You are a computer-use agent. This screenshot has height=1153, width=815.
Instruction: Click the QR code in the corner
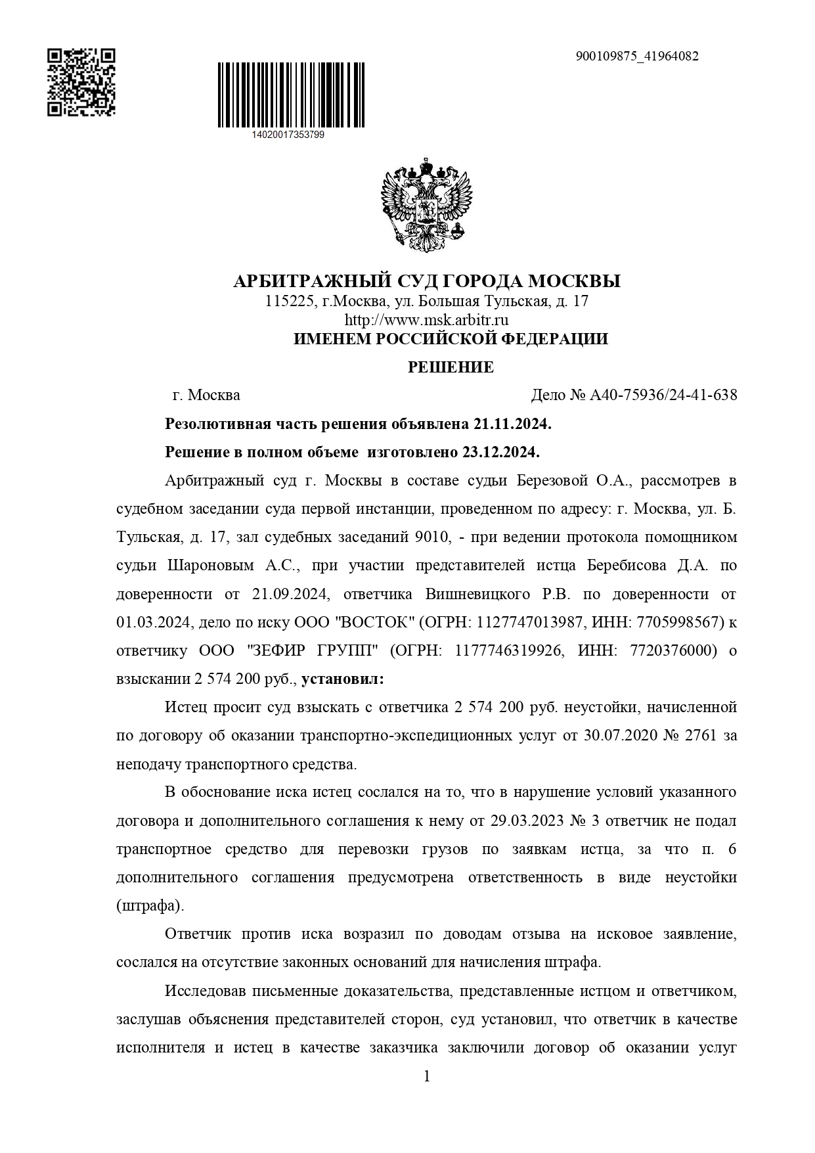81,82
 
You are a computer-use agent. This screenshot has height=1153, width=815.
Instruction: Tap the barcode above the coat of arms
291,95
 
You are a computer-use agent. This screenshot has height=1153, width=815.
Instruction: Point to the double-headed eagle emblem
427,204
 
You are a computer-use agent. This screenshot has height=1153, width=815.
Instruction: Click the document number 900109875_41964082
636,57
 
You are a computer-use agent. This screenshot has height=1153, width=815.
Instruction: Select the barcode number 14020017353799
288,135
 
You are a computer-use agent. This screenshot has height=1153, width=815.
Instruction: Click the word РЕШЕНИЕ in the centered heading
451,367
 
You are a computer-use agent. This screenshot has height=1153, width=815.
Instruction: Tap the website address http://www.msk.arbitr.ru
427,321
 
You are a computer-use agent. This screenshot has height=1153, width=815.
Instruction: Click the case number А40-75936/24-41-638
663,396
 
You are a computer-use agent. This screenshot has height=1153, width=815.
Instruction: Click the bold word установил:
343,679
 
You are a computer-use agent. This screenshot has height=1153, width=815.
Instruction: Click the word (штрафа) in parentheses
150,906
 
